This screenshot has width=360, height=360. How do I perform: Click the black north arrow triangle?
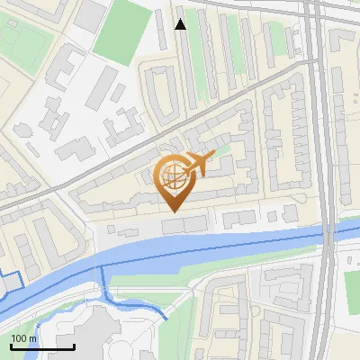[x=181, y=23]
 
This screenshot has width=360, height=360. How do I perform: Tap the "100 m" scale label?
[x=24, y=337]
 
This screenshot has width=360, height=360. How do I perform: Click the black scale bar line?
[x=42, y=346]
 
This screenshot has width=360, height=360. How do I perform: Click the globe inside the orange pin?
[x=171, y=175]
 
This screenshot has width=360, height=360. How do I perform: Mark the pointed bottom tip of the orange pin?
[x=172, y=211]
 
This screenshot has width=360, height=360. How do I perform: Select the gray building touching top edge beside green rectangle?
[x=90, y=13]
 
